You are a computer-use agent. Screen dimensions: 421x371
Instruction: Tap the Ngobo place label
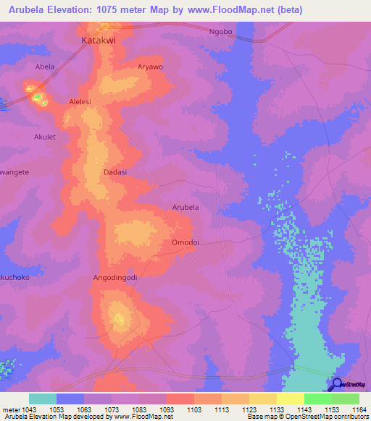220,32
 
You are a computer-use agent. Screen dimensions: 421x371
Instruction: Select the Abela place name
45,67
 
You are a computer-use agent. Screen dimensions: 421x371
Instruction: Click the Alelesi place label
80,102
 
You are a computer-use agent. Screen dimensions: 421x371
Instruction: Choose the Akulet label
45,136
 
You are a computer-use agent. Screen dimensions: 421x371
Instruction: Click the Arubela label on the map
185,208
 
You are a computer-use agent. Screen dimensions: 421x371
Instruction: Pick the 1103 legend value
193,410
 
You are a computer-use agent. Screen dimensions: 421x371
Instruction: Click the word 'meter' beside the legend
10,410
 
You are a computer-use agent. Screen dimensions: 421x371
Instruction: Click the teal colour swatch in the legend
43,399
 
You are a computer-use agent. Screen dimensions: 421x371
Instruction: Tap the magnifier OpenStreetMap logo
336,385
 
